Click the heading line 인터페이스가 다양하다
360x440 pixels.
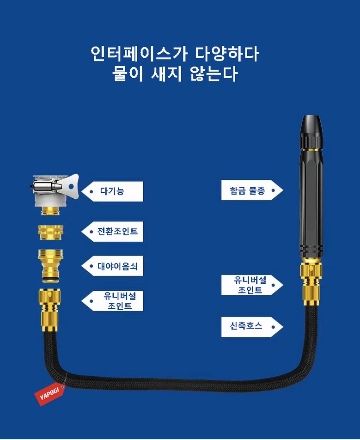point(175,54)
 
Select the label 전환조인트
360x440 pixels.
point(117,232)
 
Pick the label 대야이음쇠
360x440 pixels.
point(117,266)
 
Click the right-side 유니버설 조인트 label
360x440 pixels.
point(250,285)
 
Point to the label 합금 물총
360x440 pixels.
point(247,190)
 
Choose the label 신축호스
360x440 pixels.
point(246,326)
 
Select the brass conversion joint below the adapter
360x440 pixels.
point(50,232)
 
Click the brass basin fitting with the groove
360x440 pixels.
point(50,266)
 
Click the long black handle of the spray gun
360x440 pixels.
point(311,203)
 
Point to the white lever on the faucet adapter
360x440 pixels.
point(72,187)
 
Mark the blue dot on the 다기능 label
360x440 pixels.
point(91,191)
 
